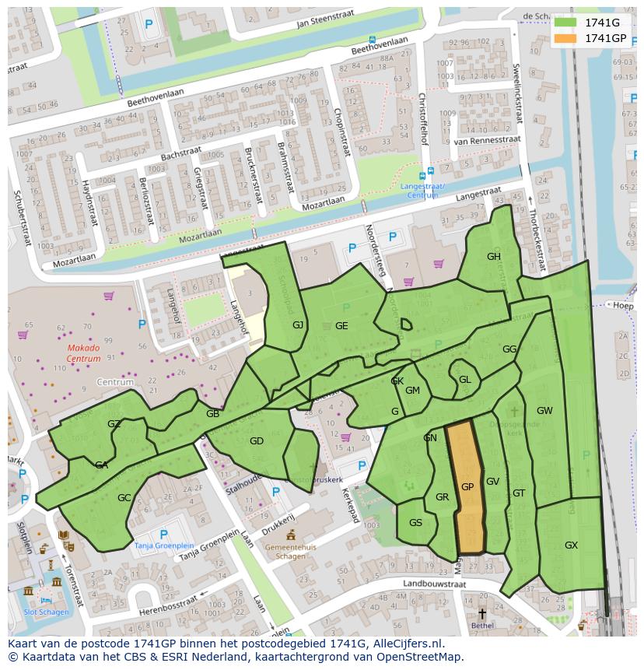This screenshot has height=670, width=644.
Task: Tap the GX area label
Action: [x=571, y=545]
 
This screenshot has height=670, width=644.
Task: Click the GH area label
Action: [x=494, y=257]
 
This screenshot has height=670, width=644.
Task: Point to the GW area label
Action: [x=544, y=411]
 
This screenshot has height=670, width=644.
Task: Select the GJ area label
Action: [x=298, y=325]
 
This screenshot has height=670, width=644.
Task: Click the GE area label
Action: [x=341, y=326]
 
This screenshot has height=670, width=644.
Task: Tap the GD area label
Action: [x=257, y=441]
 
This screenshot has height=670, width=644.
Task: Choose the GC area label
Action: [x=124, y=498]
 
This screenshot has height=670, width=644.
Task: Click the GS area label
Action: [x=415, y=523]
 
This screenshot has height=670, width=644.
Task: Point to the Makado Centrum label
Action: [x=83, y=353]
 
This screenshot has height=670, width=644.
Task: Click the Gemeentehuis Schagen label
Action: [x=291, y=552]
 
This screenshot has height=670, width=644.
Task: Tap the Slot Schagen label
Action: [x=46, y=612]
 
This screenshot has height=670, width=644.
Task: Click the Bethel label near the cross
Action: [x=482, y=625]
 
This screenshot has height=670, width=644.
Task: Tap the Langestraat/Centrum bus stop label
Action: [x=422, y=191]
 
